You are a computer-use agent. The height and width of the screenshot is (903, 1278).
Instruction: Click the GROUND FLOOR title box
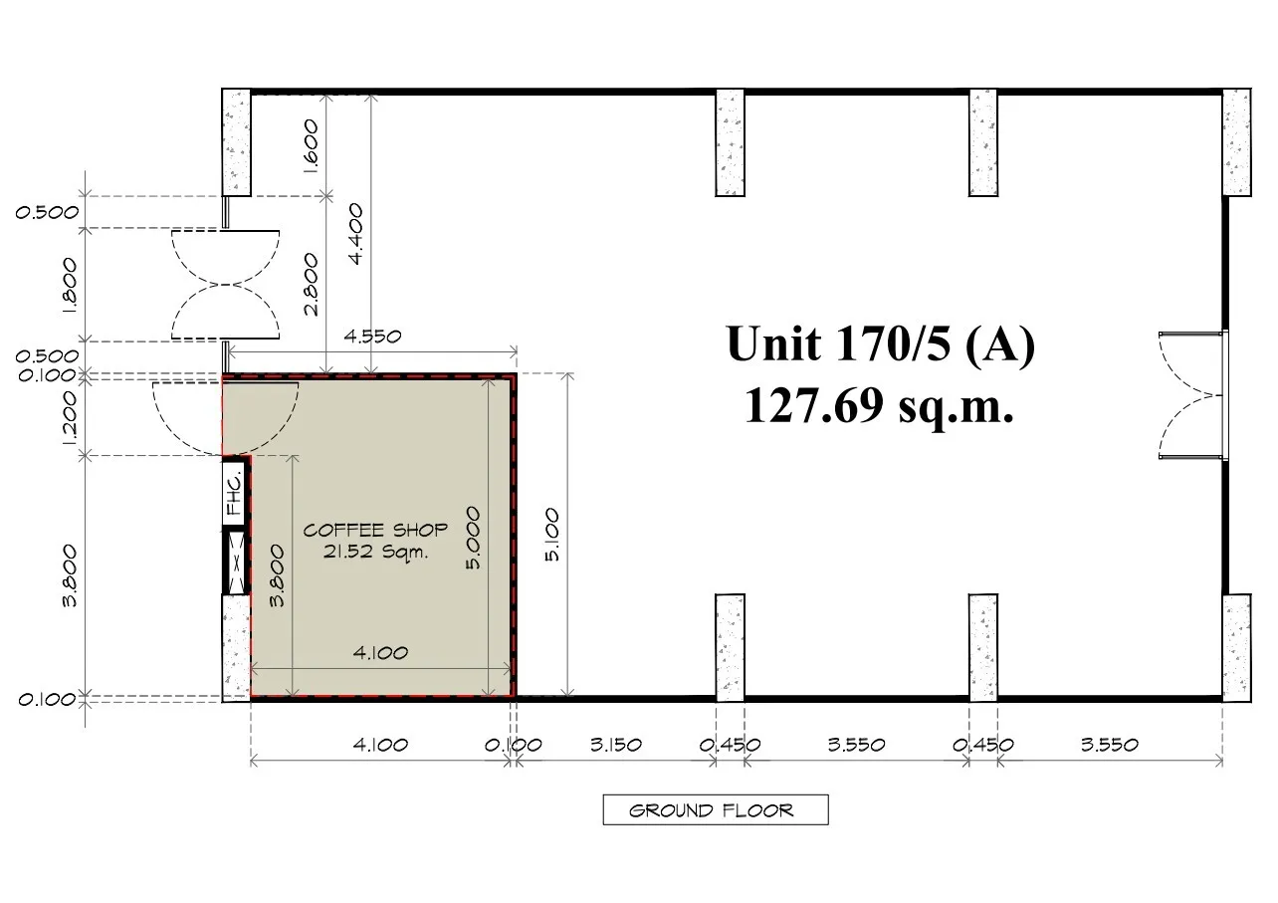pyautogui.click(x=716, y=809)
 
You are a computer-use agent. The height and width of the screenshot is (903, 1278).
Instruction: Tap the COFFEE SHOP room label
pyautogui.click(x=375, y=531)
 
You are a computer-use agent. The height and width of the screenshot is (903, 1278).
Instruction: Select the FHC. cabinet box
pyautogui.click(x=234, y=492)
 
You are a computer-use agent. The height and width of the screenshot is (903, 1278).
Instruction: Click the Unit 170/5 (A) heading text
pyautogui.click(x=880, y=344)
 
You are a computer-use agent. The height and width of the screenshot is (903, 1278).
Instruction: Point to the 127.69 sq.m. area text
pyautogui.click(x=879, y=405)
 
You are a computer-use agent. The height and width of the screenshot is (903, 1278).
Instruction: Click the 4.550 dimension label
pyautogui.click(x=372, y=337)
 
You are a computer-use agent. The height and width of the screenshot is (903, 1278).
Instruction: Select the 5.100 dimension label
pyautogui.click(x=552, y=535)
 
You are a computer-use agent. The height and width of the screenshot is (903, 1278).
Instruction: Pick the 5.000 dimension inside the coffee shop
pyautogui.click(x=473, y=539)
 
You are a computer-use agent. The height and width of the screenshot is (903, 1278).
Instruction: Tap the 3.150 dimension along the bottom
pyautogui.click(x=615, y=745)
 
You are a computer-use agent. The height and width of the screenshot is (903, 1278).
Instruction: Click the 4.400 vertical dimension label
pyautogui.click(x=354, y=234)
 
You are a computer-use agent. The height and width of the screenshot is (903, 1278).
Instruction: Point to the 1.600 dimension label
pyautogui.click(x=311, y=145)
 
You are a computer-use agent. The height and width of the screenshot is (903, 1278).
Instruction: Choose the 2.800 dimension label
pyautogui.click(x=311, y=285)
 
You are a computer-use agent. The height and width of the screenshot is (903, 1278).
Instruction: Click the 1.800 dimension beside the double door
pyautogui.click(x=69, y=285)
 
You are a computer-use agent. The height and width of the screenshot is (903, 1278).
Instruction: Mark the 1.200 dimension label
pyautogui.click(x=69, y=418)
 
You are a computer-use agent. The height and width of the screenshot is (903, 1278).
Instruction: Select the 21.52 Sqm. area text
pyautogui.click(x=375, y=553)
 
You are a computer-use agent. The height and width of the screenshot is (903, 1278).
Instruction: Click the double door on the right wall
pyautogui.click(x=1193, y=395)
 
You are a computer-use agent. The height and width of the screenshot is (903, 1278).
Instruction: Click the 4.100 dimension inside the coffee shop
pyautogui.click(x=380, y=652)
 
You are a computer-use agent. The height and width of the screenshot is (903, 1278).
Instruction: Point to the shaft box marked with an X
pyautogui.click(x=234, y=563)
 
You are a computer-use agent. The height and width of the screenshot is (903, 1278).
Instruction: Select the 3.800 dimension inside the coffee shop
pyautogui.click(x=277, y=575)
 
